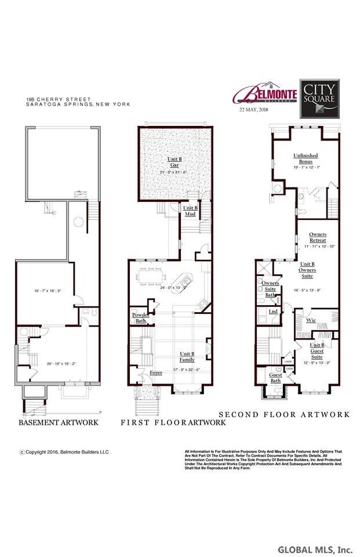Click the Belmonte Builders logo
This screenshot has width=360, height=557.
[x=264, y=93]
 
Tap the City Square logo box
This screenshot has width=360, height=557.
[x=318, y=96]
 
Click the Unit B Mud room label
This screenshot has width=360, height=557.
[x=191, y=210]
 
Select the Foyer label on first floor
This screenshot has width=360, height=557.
[x=156, y=372]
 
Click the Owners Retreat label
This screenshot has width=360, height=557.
[x=318, y=237]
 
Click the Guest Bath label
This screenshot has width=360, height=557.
[x=276, y=378]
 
